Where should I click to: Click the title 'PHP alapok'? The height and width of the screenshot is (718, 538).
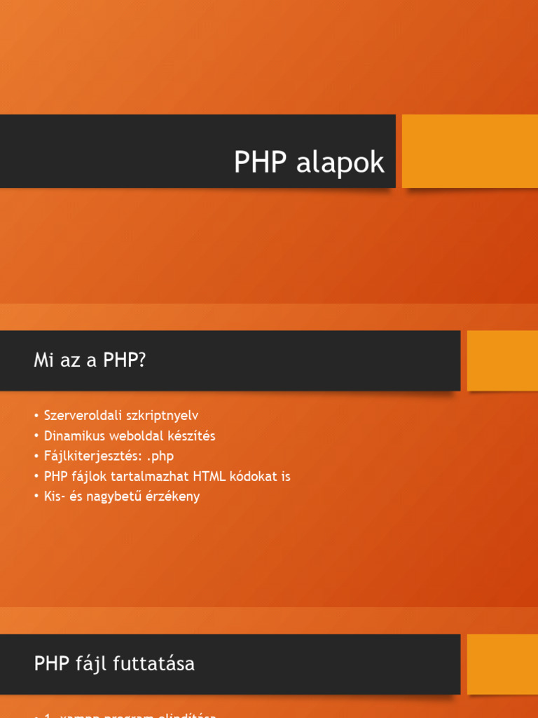(x=309, y=163)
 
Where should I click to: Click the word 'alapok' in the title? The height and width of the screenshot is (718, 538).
(x=340, y=163)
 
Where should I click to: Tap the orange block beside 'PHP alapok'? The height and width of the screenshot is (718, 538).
(x=469, y=151)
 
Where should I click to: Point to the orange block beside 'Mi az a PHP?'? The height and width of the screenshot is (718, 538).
(x=502, y=360)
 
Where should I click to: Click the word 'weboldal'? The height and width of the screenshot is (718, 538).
(x=132, y=435)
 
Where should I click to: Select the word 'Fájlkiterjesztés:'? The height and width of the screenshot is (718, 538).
(x=88, y=456)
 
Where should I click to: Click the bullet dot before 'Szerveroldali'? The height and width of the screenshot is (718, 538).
(x=36, y=416)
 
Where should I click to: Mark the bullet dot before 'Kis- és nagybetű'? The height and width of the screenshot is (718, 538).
(x=36, y=497)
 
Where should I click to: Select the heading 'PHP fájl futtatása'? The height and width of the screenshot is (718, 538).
(x=114, y=663)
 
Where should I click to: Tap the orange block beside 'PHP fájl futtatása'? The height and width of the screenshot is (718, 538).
(x=502, y=663)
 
